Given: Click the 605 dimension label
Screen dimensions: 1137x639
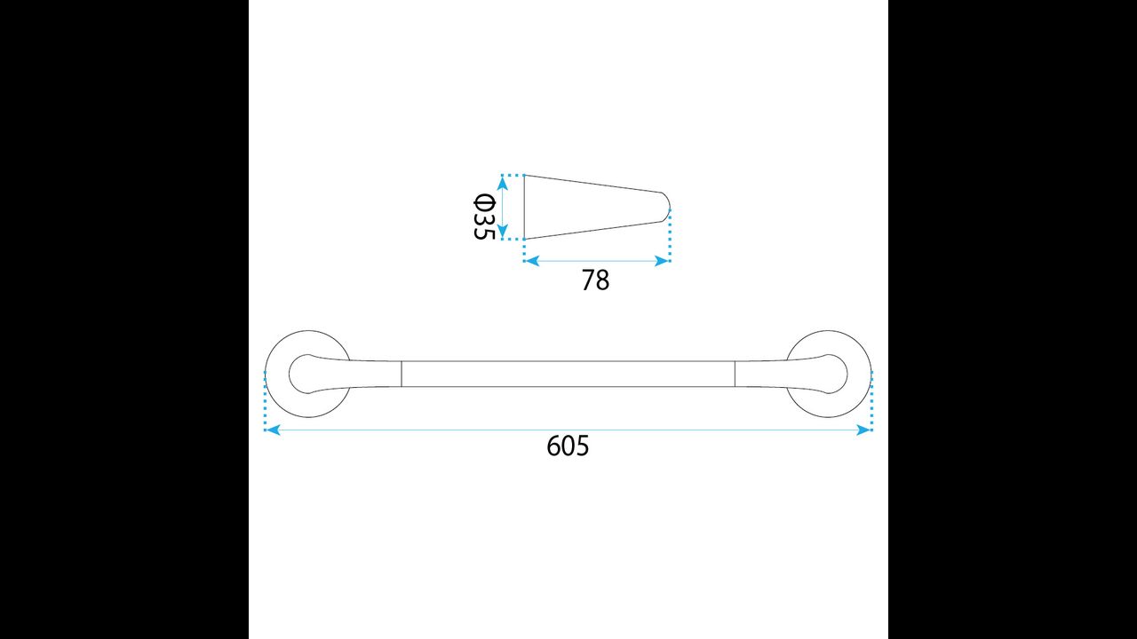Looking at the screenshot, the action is click(x=568, y=446).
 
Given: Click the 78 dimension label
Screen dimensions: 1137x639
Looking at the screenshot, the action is click(x=595, y=280).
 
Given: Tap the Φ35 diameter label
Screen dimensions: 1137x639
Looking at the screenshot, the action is click(x=484, y=216).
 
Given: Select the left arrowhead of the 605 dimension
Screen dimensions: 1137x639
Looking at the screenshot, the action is click(x=273, y=430).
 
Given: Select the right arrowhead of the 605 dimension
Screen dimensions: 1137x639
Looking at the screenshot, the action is click(x=864, y=430).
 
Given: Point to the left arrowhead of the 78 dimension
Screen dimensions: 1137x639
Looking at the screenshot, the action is click(x=531, y=261).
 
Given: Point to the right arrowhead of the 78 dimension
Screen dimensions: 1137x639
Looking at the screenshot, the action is click(x=663, y=261).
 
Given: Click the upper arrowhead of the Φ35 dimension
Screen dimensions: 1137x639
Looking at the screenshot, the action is click(x=503, y=183).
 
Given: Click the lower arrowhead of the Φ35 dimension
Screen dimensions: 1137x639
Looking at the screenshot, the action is click(x=503, y=232).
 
